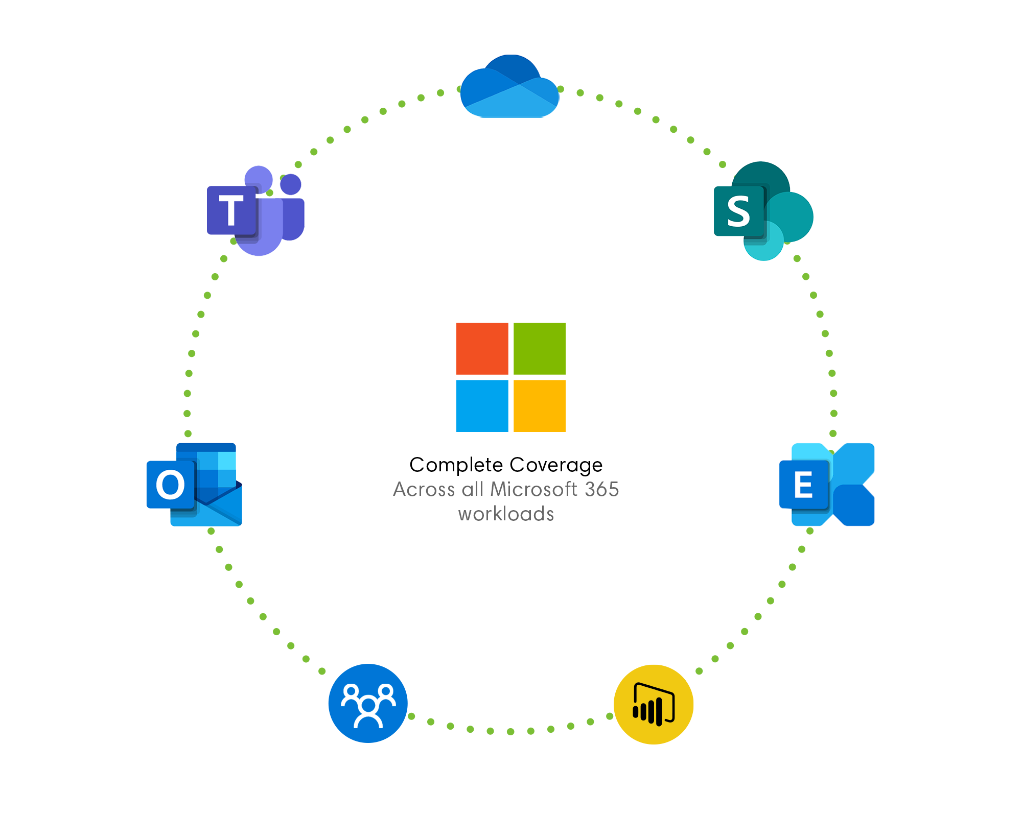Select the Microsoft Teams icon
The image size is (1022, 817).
255,210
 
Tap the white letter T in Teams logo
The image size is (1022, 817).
231,210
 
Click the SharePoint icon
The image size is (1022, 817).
763,211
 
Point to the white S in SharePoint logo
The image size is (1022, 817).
739,211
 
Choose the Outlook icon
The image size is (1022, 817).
194,485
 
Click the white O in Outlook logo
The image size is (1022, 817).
170,485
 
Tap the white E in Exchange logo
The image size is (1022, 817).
803,485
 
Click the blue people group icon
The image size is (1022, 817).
368,704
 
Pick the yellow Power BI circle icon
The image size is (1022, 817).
654,704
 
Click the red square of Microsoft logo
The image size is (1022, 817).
482,348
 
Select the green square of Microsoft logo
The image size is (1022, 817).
540,348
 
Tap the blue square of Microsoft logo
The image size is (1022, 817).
482,406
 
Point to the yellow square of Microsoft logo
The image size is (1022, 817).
540,406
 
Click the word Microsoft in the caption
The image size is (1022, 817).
533,489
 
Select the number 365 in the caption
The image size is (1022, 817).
602,489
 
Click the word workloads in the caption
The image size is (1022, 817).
506,514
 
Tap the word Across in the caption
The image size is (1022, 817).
424,489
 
